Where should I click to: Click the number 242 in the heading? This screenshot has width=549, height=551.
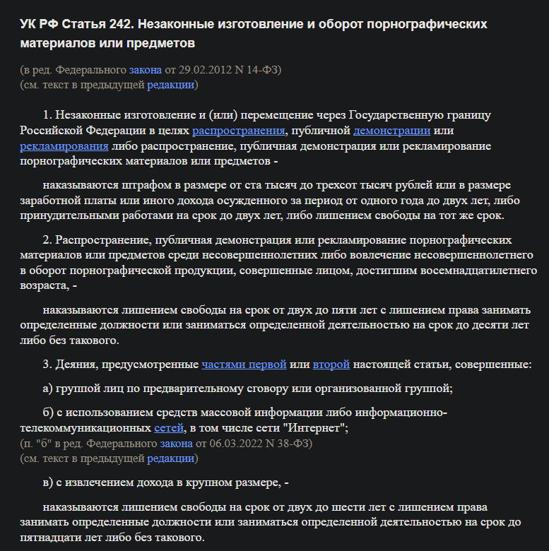click(120, 24)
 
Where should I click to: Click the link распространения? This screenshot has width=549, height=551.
click(238, 131)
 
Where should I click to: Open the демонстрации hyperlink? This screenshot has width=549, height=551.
click(392, 131)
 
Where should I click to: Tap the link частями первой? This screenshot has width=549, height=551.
click(244, 365)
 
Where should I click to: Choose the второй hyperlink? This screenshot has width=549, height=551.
click(331, 365)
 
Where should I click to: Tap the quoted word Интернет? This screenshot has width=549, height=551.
click(318, 428)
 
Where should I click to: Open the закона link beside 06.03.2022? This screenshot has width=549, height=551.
click(176, 444)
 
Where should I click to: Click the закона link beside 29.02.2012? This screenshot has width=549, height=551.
click(146, 70)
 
